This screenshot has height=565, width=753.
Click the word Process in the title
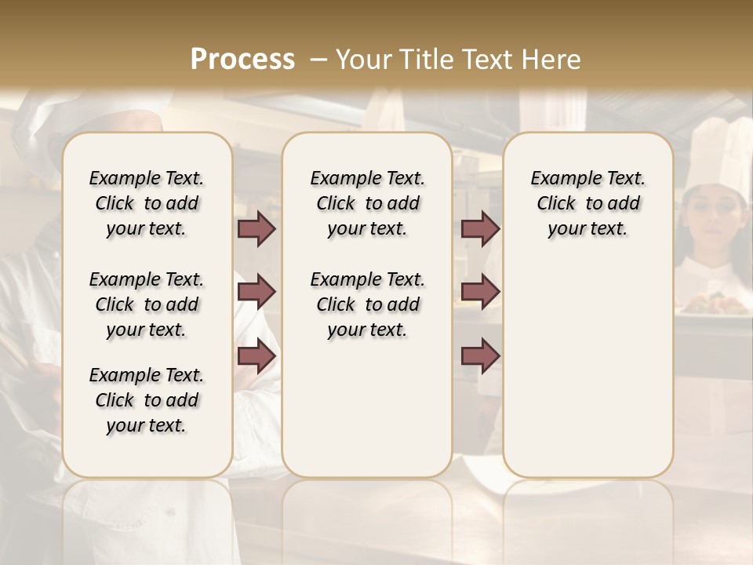click(x=242, y=59)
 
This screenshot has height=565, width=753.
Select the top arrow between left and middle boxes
click(x=256, y=229)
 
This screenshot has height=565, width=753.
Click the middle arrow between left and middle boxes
click(x=256, y=292)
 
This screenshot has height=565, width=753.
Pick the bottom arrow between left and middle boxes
click(x=256, y=356)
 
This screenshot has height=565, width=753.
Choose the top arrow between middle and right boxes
click(x=480, y=229)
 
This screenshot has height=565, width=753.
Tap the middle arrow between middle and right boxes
click(x=480, y=292)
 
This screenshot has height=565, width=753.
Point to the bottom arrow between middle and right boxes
click(x=480, y=356)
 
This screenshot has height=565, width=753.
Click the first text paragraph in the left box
click(x=147, y=203)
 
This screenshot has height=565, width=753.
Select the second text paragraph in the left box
click(x=147, y=304)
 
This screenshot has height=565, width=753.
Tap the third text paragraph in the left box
click(x=147, y=400)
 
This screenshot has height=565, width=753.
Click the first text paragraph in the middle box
click(x=367, y=203)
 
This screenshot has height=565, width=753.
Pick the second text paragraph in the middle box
click(x=367, y=304)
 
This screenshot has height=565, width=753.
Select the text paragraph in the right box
click(x=587, y=203)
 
